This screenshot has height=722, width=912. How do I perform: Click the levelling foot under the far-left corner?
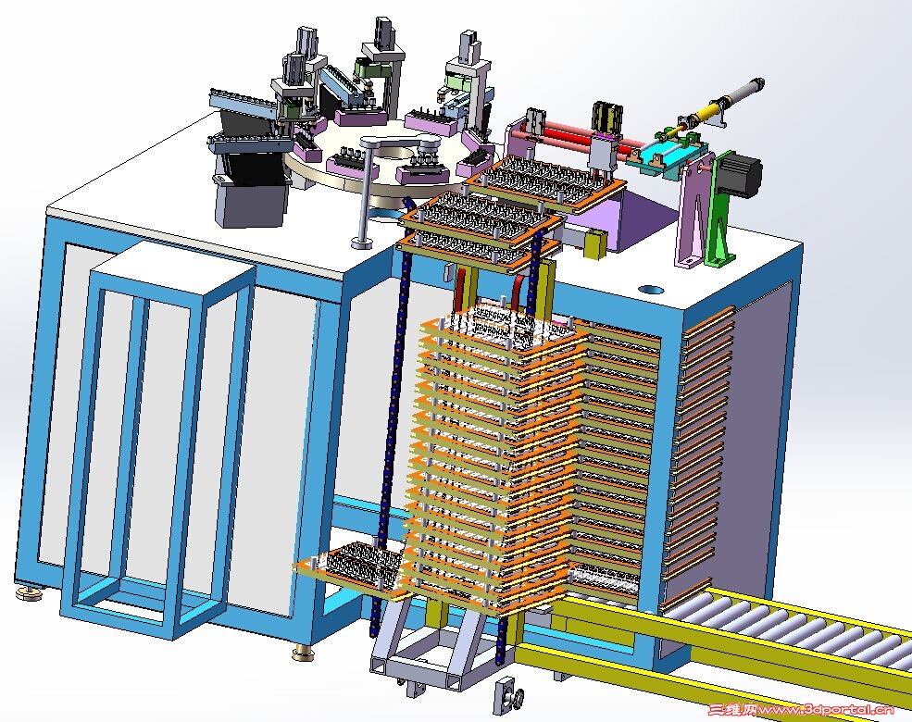click(26, 593)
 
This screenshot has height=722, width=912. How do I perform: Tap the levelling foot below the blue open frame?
click(303, 653)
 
